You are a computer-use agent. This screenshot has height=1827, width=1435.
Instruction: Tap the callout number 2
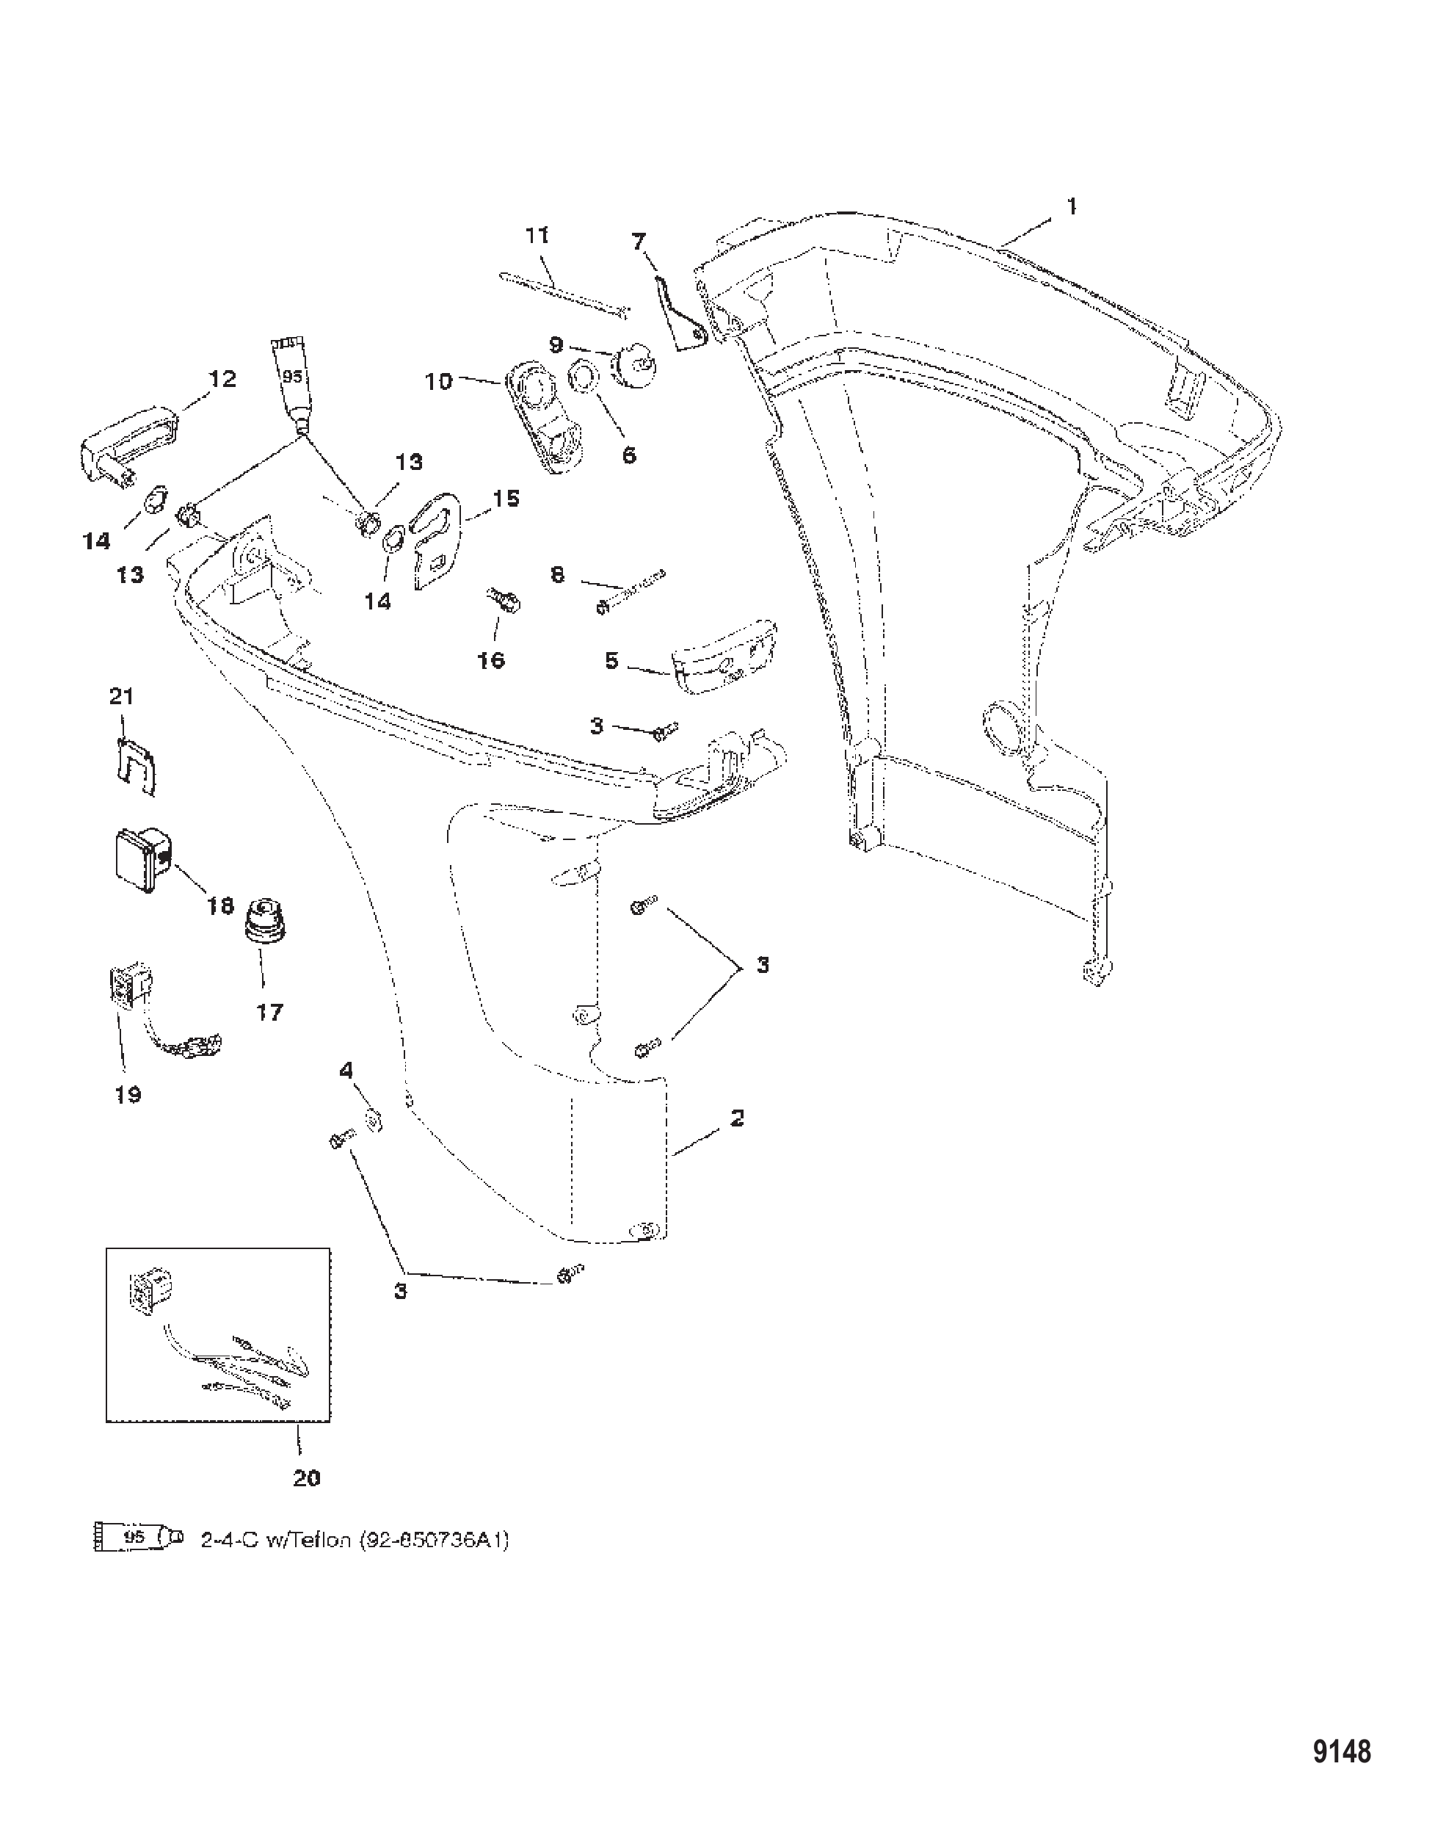coord(737,1118)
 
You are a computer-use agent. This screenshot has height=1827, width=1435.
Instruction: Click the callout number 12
coord(222,379)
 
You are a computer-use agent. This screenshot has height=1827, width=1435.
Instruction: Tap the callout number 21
coord(122,696)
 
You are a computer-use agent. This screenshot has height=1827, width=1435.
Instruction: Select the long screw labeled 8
coord(631,592)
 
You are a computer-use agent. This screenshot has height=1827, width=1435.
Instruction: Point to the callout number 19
coord(128,1094)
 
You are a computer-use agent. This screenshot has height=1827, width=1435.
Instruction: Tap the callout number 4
coord(346,1070)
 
